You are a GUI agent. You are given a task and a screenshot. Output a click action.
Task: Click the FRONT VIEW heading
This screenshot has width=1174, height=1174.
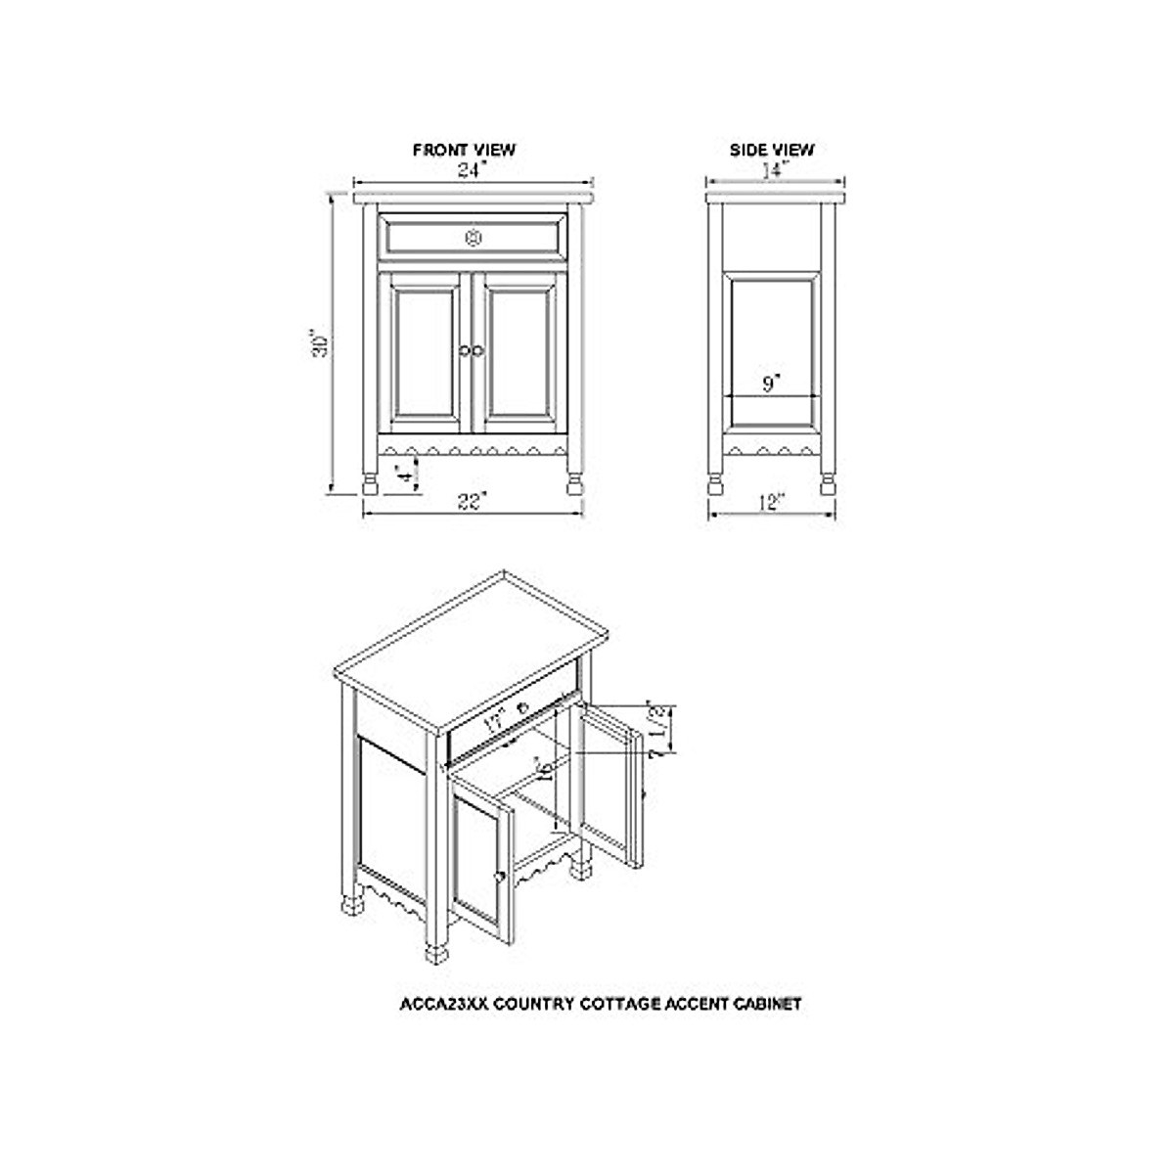pyautogui.click(x=464, y=150)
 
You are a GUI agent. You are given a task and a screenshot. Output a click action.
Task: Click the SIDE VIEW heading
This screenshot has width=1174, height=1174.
pyautogui.click(x=772, y=150)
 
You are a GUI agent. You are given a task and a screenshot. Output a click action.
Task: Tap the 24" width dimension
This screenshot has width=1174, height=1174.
pyautogui.click(x=473, y=170)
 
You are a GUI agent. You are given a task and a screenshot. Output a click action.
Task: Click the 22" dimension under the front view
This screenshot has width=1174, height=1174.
pyautogui.click(x=473, y=503)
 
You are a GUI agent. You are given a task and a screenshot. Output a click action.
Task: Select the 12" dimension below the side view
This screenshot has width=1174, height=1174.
pyautogui.click(x=771, y=503)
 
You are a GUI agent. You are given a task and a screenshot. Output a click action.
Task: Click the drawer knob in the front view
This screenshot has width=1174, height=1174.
pyautogui.click(x=474, y=237)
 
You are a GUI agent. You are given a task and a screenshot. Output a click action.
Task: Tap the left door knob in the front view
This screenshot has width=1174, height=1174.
pyautogui.click(x=464, y=349)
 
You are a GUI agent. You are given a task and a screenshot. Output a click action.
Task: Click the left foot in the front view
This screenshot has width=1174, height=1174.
pyautogui.click(x=371, y=484)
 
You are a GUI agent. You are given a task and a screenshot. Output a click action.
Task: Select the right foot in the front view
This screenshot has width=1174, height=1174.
pyautogui.click(x=574, y=484)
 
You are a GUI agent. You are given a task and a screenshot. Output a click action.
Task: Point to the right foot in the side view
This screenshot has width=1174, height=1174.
pyautogui.click(x=828, y=484)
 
